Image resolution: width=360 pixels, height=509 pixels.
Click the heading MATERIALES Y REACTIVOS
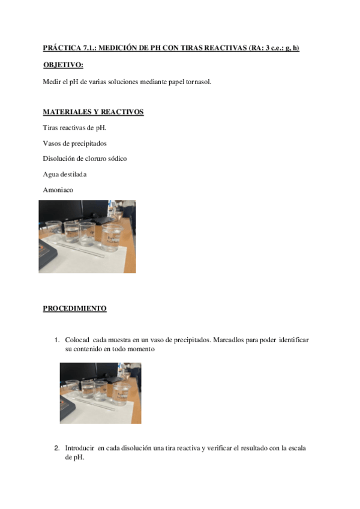pos(93,112)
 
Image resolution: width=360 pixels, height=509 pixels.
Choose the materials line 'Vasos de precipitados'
pos(74,143)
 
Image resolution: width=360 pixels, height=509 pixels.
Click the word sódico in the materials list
pos(116,158)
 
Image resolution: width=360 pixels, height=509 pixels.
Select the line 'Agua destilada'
pos(65,174)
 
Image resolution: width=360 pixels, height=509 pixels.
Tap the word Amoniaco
pos(58,190)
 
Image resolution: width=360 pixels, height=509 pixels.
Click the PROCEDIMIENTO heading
pos(74,309)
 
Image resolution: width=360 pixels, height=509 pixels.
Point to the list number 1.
pos(56,340)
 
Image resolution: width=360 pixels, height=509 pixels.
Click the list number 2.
pos(56,448)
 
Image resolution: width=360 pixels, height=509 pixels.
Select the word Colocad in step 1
pos(77,340)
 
